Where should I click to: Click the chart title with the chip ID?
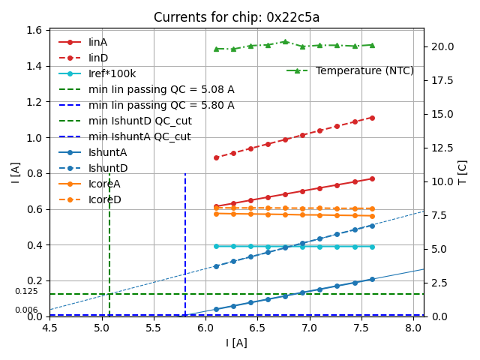tap(236, 17)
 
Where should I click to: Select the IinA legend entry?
tap(98, 42)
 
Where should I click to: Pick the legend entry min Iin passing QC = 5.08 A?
tap(161, 89)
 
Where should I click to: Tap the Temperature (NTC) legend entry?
tap(364, 70)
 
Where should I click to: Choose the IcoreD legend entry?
tap(104, 199)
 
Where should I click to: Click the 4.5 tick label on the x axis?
tap(49, 328)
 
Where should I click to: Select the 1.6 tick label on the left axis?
tap(34, 30)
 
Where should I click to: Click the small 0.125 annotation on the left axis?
tap(26, 291)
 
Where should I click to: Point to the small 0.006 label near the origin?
tap(26, 310)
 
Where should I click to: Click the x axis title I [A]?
tap(236, 343)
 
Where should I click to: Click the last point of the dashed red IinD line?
tap(372, 118)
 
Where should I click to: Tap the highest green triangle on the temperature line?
tap(285, 42)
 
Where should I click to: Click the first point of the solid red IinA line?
tap(216, 206)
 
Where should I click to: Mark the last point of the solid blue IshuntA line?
tap(372, 279)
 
